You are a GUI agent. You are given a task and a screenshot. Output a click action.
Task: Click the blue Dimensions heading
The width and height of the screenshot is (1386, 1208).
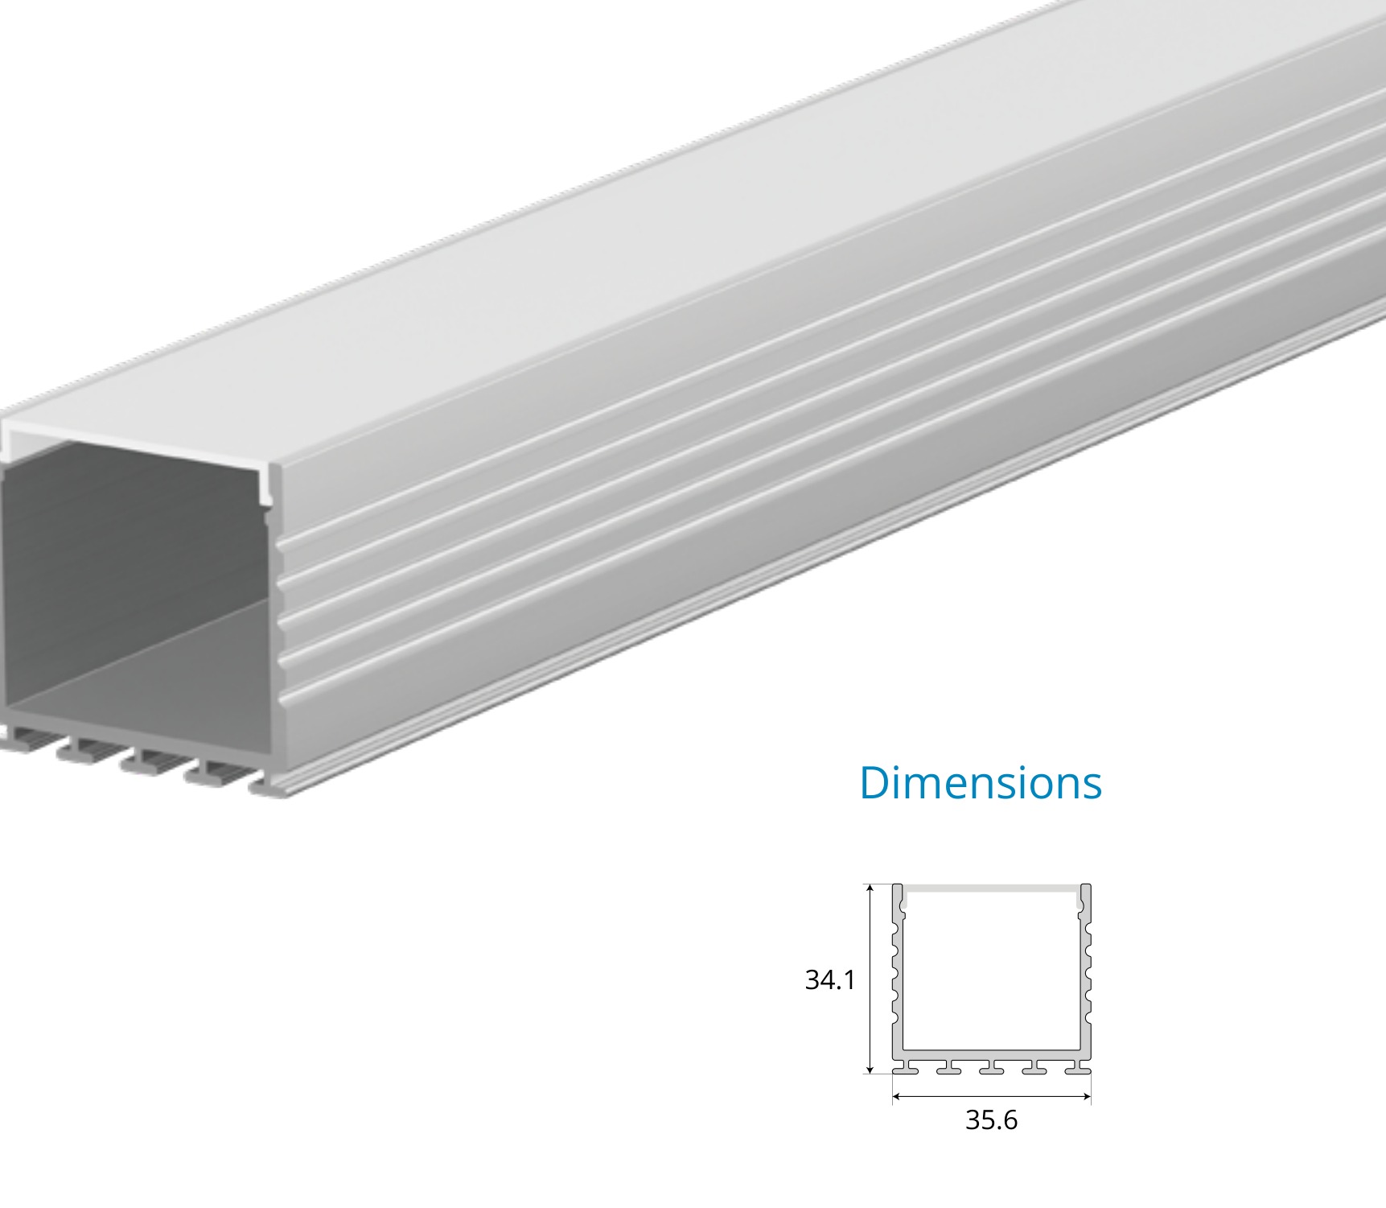980,783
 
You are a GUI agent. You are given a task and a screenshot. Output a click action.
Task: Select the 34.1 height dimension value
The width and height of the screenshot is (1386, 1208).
830,980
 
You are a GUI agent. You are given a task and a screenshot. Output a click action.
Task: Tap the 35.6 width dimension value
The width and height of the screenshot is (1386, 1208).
991,1119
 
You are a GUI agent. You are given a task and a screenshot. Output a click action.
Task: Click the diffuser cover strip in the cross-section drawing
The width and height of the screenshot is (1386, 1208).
991,888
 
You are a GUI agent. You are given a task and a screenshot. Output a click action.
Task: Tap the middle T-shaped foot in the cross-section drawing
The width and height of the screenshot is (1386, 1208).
991,1067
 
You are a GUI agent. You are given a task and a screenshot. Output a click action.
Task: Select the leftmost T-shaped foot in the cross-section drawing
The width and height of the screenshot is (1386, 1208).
906,1067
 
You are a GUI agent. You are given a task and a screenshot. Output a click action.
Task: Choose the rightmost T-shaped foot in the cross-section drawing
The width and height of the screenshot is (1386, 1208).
1078,1067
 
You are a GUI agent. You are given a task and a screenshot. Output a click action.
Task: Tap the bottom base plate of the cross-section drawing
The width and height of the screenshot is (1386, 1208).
991,1054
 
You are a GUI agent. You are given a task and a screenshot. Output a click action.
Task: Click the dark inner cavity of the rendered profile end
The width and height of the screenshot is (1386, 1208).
121,547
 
